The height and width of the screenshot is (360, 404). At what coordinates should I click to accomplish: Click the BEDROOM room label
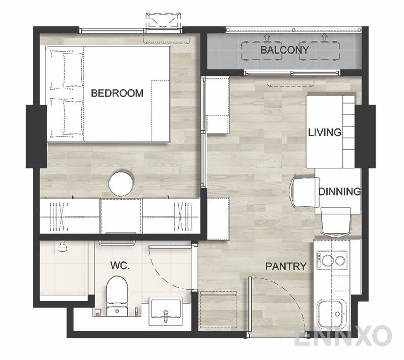click(117, 93)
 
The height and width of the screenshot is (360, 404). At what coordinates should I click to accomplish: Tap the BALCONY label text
click(285, 50)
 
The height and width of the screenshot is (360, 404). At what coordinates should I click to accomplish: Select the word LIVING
click(325, 132)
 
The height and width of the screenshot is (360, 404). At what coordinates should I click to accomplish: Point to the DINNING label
click(339, 192)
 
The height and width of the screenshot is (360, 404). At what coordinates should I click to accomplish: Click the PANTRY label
click(286, 266)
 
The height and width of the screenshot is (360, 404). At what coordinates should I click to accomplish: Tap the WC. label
click(120, 265)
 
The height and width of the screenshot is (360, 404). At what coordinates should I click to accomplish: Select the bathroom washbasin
click(166, 311)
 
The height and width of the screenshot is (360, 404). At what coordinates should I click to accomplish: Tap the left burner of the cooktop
click(327, 260)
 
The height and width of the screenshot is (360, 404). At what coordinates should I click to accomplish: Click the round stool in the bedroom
click(121, 184)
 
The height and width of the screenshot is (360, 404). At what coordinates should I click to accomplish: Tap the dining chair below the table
click(336, 221)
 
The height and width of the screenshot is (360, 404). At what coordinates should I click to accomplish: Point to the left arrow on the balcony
click(267, 37)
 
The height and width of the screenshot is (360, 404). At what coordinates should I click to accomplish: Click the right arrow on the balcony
click(324, 37)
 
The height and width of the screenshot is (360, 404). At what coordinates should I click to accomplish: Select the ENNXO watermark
click(343, 335)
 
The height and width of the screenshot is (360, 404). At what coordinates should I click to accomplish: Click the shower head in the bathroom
click(62, 247)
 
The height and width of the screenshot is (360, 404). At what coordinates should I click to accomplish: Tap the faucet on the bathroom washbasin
click(166, 316)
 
